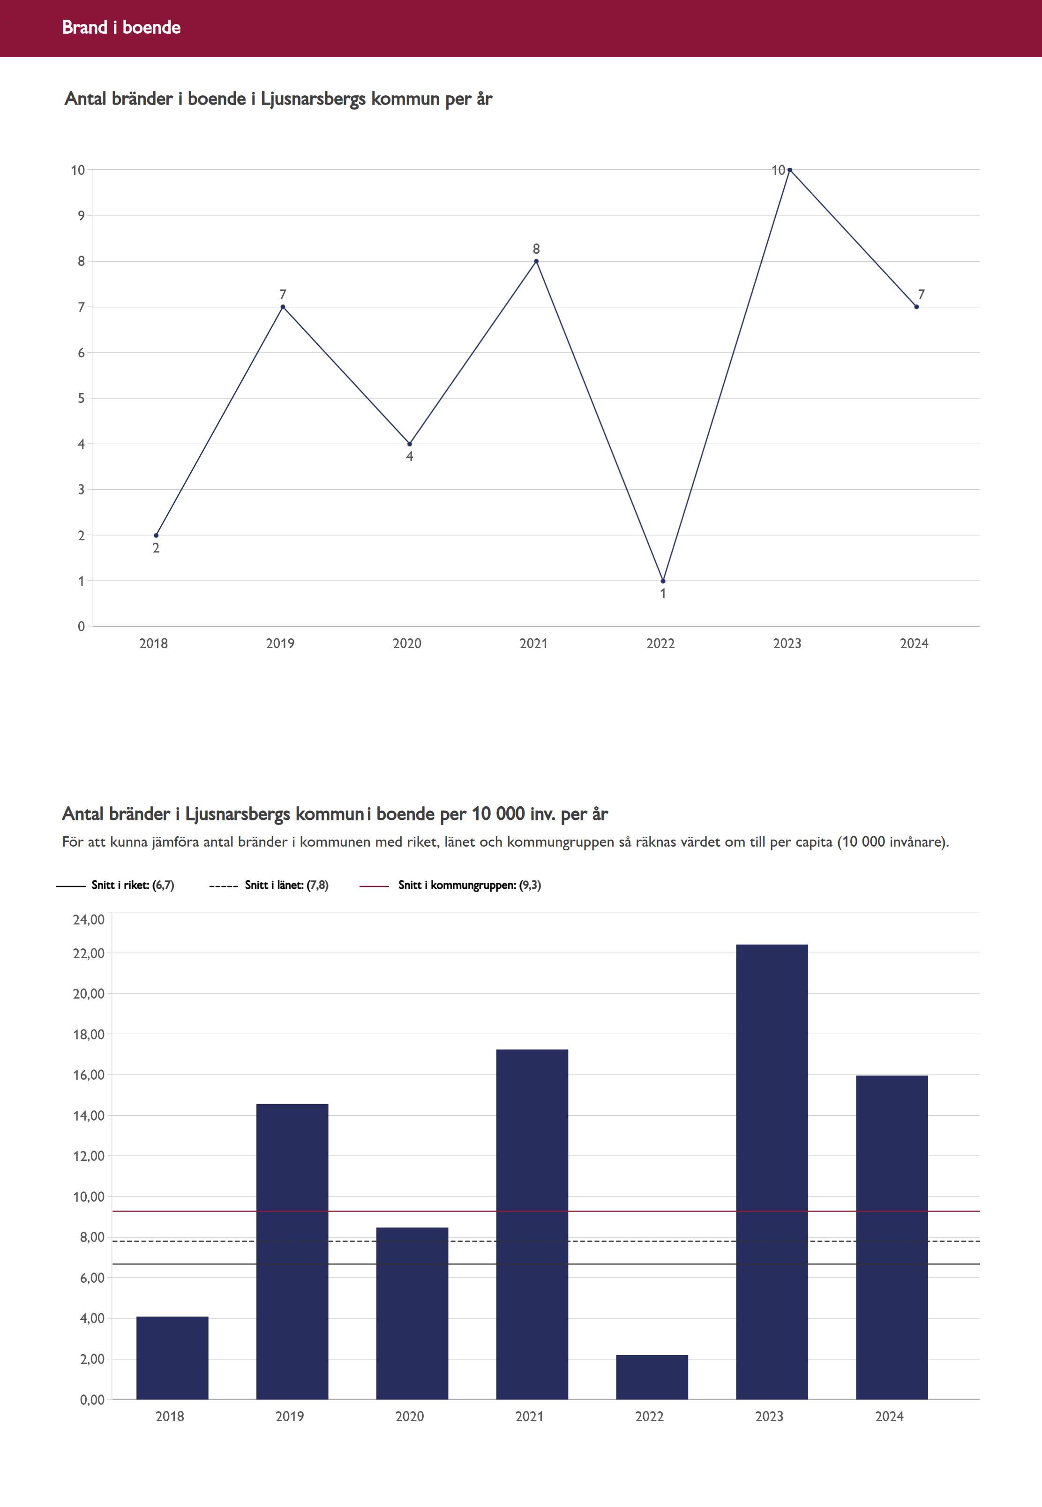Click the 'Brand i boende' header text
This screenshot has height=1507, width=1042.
coord(121,27)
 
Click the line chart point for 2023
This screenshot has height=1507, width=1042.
coord(789,170)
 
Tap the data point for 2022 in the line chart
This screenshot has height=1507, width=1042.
coord(663,581)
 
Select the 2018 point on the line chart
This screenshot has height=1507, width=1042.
coord(156,535)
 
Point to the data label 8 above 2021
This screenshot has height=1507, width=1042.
coord(536,249)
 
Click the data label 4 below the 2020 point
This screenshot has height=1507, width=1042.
coord(409,457)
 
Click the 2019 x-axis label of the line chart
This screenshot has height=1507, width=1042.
coord(280,644)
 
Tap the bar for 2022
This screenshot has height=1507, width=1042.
coord(652,1377)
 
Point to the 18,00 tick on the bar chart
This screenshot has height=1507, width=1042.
coord(88,1034)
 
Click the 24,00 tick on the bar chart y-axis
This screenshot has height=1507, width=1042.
coord(88,920)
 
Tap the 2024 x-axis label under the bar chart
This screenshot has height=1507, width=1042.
coord(889,1416)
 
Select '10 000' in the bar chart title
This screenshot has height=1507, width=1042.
coord(498,814)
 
